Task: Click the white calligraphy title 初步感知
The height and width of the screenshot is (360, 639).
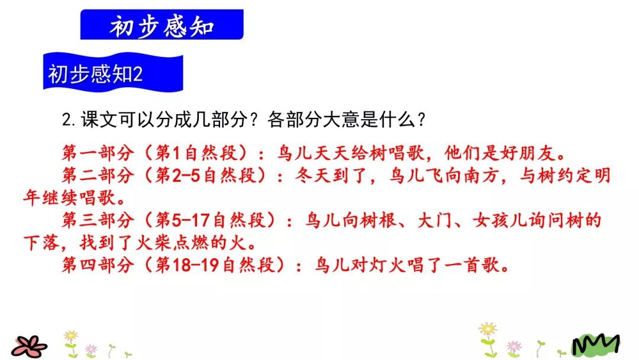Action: point(162,26)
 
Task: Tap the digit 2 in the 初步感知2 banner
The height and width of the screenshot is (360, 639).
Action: point(138,75)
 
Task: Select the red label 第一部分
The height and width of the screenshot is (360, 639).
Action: point(98,153)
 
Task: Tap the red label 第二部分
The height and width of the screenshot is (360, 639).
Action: point(98,175)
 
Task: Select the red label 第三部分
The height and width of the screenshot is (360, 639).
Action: point(98,220)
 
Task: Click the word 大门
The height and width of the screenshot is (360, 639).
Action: point(435,220)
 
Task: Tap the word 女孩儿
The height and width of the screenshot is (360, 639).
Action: point(500,220)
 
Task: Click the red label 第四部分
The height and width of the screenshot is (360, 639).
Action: point(98,265)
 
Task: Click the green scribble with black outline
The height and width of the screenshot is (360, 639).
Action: point(596,345)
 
